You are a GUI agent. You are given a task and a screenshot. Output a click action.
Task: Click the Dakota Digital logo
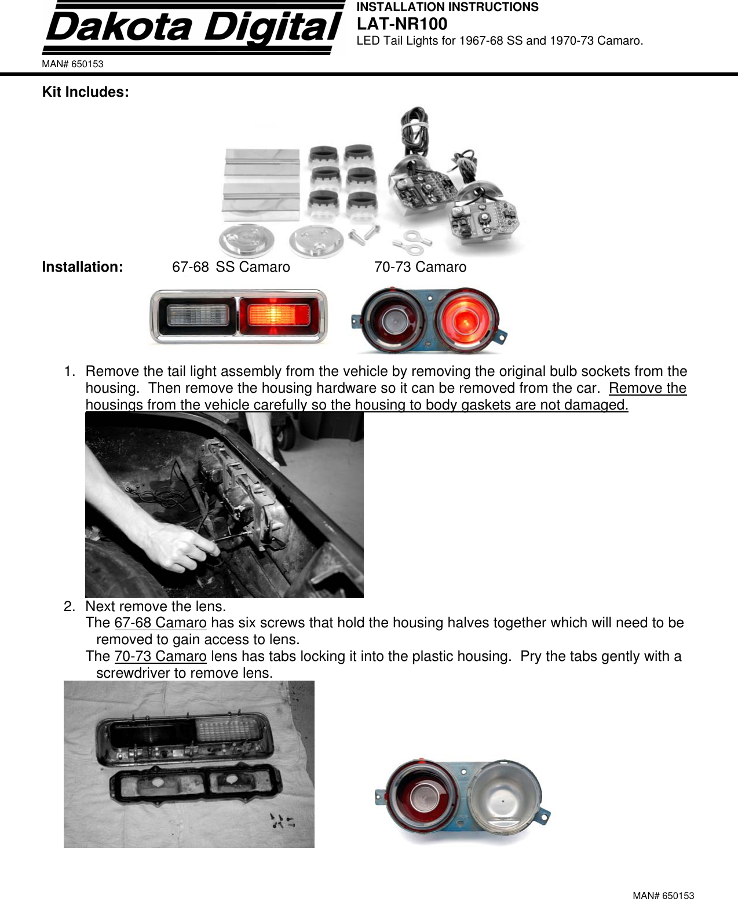[193, 28]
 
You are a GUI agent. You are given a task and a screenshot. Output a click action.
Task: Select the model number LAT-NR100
[401, 24]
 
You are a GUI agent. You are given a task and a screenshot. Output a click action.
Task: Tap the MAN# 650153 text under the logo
[72, 64]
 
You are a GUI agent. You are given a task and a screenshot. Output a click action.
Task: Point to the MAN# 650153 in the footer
[663, 896]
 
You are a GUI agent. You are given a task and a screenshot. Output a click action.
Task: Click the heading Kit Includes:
[85, 92]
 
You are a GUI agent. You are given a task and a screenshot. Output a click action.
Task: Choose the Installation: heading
[82, 267]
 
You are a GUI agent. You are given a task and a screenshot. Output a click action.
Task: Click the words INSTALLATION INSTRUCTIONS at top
[447, 7]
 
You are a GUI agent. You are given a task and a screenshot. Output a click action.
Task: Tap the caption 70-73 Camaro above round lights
[420, 267]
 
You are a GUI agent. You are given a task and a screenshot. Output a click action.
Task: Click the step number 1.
[69, 371]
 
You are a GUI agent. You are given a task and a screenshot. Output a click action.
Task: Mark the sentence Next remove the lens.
[155, 606]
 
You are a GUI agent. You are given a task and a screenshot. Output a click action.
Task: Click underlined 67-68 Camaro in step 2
[160, 623]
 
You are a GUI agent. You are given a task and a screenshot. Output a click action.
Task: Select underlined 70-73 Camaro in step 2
[160, 657]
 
